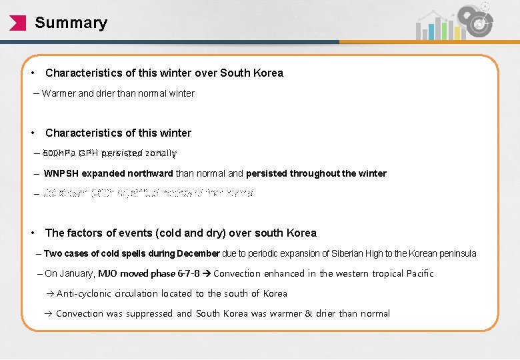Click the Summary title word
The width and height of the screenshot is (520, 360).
(71, 23)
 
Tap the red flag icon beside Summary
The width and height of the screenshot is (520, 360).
(18, 23)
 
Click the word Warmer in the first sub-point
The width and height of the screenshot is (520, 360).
(59, 93)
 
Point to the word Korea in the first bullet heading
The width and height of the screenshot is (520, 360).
(267, 73)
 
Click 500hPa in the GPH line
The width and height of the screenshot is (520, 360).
(59, 153)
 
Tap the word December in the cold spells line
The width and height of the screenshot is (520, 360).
(198, 253)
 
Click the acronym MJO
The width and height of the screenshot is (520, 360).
(109, 273)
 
